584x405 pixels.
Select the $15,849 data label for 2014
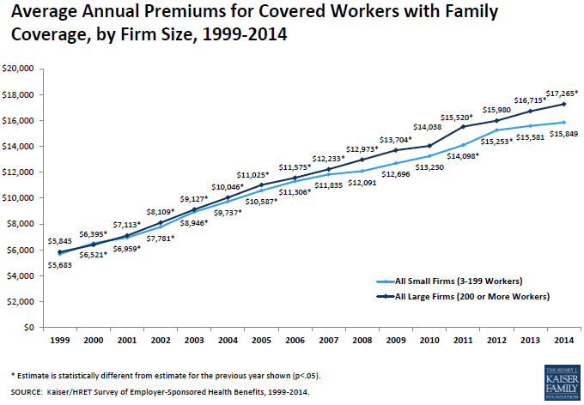point(563,133)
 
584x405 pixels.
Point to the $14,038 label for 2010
point(429,127)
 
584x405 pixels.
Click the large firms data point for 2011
point(465,127)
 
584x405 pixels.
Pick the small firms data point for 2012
point(497,130)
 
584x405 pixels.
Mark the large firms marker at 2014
point(563,104)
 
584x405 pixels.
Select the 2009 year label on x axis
point(396,341)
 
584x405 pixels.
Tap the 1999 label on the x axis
point(60,341)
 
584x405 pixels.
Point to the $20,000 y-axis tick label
point(18,68)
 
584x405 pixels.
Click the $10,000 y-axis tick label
point(18,197)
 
